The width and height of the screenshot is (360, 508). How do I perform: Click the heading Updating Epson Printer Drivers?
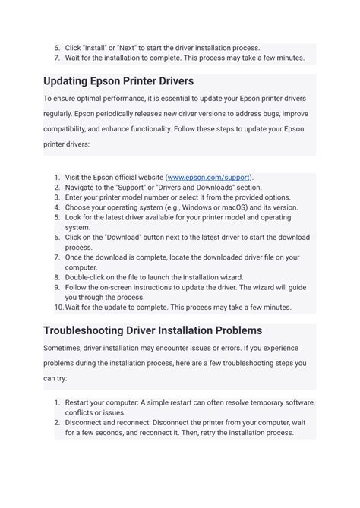tap(118, 80)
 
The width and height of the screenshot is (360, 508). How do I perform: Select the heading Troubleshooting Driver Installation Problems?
tap(153, 330)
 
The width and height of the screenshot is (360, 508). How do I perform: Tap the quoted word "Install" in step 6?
tap(96, 48)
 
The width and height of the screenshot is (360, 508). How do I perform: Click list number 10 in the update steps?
tap(58, 308)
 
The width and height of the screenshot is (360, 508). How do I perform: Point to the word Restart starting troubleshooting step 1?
tap(77, 402)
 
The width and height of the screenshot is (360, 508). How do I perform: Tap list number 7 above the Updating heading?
tap(58, 58)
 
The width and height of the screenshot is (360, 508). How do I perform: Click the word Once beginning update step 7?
tap(74, 257)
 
